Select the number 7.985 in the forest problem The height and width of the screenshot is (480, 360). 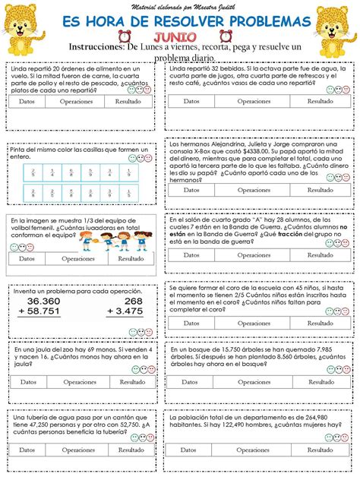click(x=323, y=353)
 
